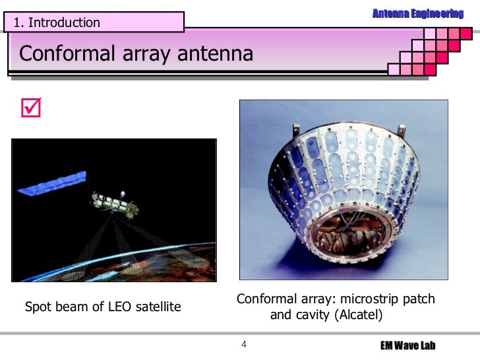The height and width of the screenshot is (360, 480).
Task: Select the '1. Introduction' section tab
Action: click(57, 22)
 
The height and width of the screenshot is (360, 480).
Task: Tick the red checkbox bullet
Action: click(30, 106)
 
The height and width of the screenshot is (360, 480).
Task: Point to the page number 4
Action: click(244, 345)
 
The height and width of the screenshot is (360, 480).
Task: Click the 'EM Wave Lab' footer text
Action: click(409, 346)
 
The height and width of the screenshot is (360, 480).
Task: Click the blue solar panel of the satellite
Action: click(52, 183)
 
